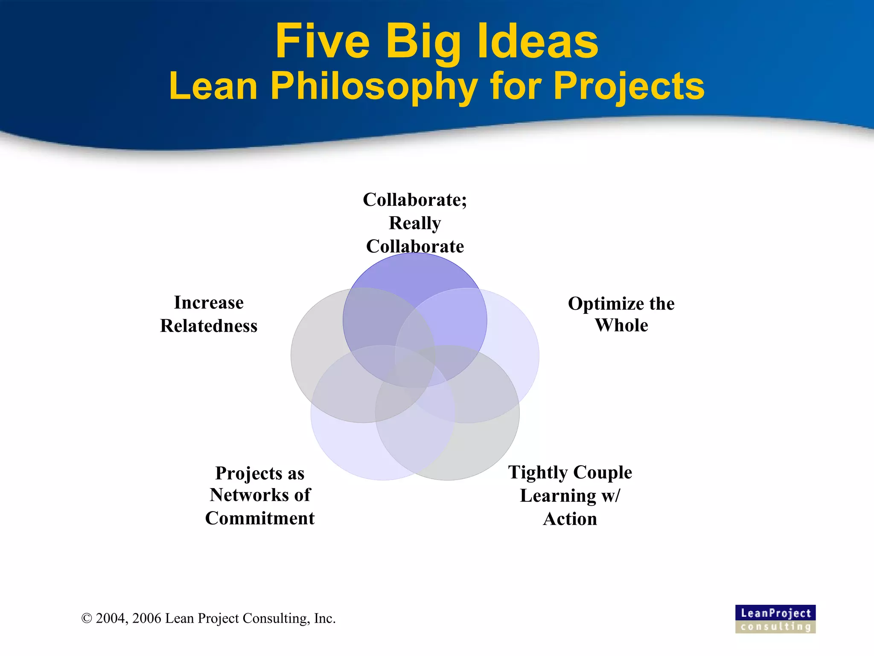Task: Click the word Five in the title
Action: point(322,41)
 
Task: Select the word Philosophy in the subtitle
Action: point(374,87)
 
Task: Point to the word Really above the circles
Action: point(415,223)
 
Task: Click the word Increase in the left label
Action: point(209,303)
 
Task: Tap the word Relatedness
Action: point(209,326)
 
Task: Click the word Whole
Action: point(621,325)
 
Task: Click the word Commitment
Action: point(259,518)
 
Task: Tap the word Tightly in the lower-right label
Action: point(537,473)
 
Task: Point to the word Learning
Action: point(558,496)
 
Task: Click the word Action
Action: point(570,519)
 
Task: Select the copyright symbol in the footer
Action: point(87,618)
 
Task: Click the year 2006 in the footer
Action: point(147,618)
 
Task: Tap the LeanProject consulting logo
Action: point(775,619)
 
